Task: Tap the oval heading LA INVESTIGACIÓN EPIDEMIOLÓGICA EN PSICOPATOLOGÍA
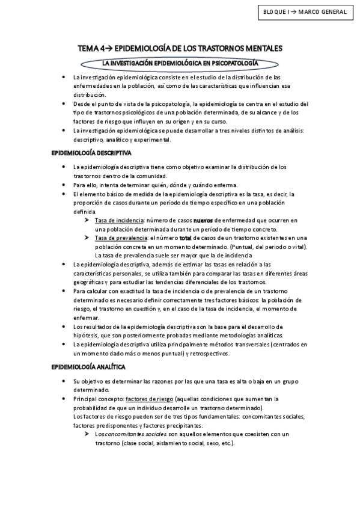180,63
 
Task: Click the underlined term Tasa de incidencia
119,221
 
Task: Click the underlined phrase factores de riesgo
150,399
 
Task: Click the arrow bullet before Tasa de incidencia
88,221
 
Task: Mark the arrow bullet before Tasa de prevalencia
88,238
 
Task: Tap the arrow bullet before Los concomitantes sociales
88,434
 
